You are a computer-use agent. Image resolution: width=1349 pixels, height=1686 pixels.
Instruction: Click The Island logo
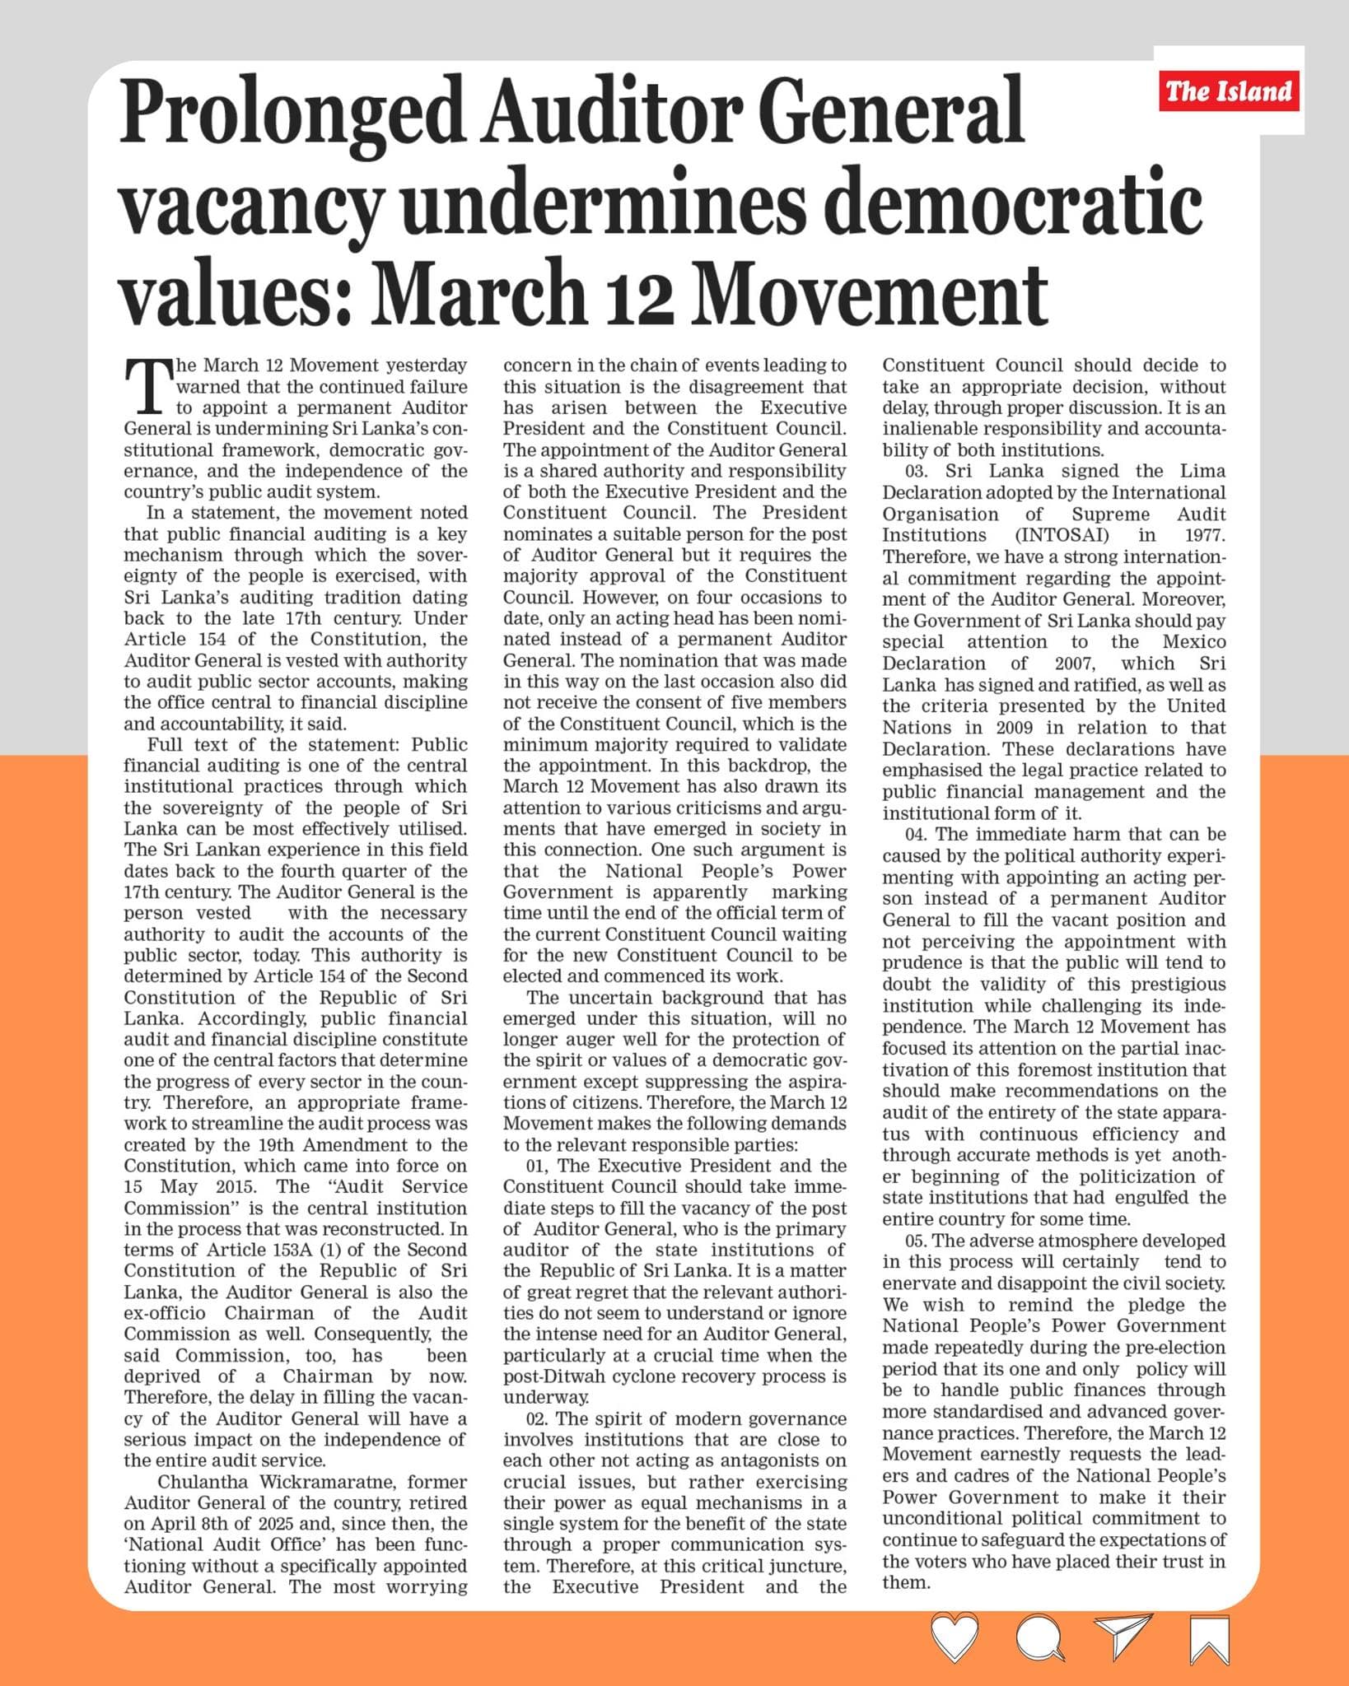point(1229,91)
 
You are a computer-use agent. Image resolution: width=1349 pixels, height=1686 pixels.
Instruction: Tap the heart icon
point(955,1637)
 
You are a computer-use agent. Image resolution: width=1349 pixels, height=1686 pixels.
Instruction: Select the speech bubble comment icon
point(1040,1637)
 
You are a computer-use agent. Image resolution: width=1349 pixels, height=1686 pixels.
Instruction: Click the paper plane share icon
point(1122,1636)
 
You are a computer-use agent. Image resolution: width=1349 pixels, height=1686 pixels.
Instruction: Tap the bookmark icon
point(1208,1638)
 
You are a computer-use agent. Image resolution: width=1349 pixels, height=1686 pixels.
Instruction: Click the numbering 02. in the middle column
point(539,1418)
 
